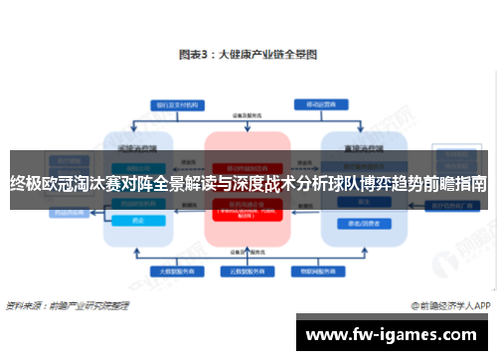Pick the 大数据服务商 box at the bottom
[171, 270]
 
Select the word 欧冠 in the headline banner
[63, 184]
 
